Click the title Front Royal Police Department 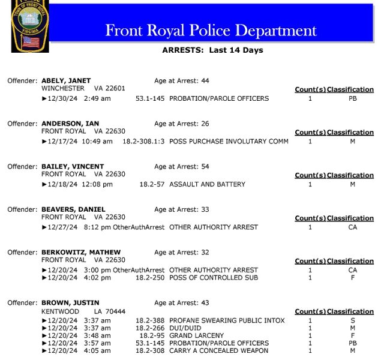tap(211, 31)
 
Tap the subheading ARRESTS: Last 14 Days tap(212, 50)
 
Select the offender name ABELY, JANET tap(67, 80)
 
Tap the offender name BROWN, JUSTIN tap(70, 303)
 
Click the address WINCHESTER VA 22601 tap(83, 88)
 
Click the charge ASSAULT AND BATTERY tap(207, 184)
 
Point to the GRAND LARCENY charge tap(196, 335)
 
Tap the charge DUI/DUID tap(186, 328)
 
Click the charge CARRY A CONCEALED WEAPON tap(218, 350)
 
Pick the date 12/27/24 tap(62, 227)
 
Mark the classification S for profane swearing tap(352, 320)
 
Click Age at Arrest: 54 tap(181, 166)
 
